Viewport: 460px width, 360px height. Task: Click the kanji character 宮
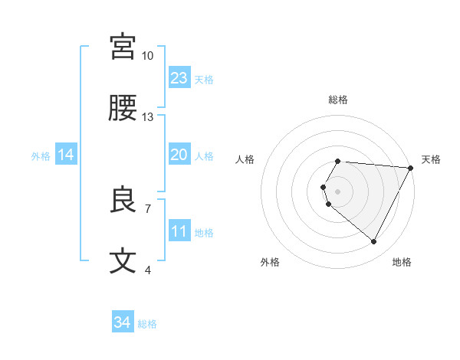pos(123,47)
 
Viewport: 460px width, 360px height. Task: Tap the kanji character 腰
pos(123,109)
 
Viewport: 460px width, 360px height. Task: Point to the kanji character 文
pos(123,261)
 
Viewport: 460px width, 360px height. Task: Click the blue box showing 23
pos(179,78)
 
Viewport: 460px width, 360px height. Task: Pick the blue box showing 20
pos(179,155)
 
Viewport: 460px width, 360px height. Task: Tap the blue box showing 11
pos(179,231)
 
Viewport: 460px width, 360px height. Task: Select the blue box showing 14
pos(66,155)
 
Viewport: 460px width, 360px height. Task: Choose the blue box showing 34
pos(122,322)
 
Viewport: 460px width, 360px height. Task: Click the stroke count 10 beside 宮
pos(148,56)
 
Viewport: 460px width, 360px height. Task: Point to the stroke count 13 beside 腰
pos(148,117)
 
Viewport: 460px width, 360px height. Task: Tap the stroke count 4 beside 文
pos(148,270)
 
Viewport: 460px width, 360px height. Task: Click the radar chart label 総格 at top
pos(338,100)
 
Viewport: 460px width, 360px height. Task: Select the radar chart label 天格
pos(431,159)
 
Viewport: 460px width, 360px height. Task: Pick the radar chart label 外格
pos(270,262)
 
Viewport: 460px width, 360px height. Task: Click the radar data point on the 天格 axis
pos(411,168)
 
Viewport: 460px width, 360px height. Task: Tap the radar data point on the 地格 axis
pos(373,241)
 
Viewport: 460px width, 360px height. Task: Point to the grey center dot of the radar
pos(338,191)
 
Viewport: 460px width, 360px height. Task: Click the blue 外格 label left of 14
pos(41,155)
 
